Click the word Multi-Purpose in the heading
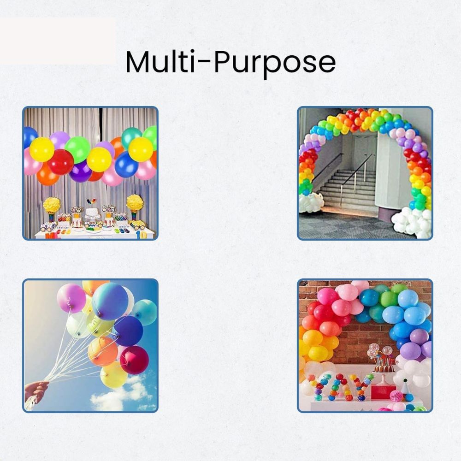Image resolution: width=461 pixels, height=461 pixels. click(230, 63)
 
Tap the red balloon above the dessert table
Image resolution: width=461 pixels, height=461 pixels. click(61, 162)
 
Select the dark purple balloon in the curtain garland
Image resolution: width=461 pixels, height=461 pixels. click(80, 171)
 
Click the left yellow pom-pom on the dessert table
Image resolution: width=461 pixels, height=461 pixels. click(52, 205)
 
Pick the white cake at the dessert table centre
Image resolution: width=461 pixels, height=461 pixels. click(92, 213)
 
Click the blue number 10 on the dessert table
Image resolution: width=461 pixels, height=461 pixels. click(141, 235)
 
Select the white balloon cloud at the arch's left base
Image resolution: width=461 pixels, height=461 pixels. click(310, 202)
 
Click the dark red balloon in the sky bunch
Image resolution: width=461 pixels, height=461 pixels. click(134, 360)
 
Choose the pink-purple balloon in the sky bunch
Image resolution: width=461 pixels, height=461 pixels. click(71, 298)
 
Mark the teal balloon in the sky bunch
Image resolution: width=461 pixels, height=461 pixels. click(145, 312)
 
